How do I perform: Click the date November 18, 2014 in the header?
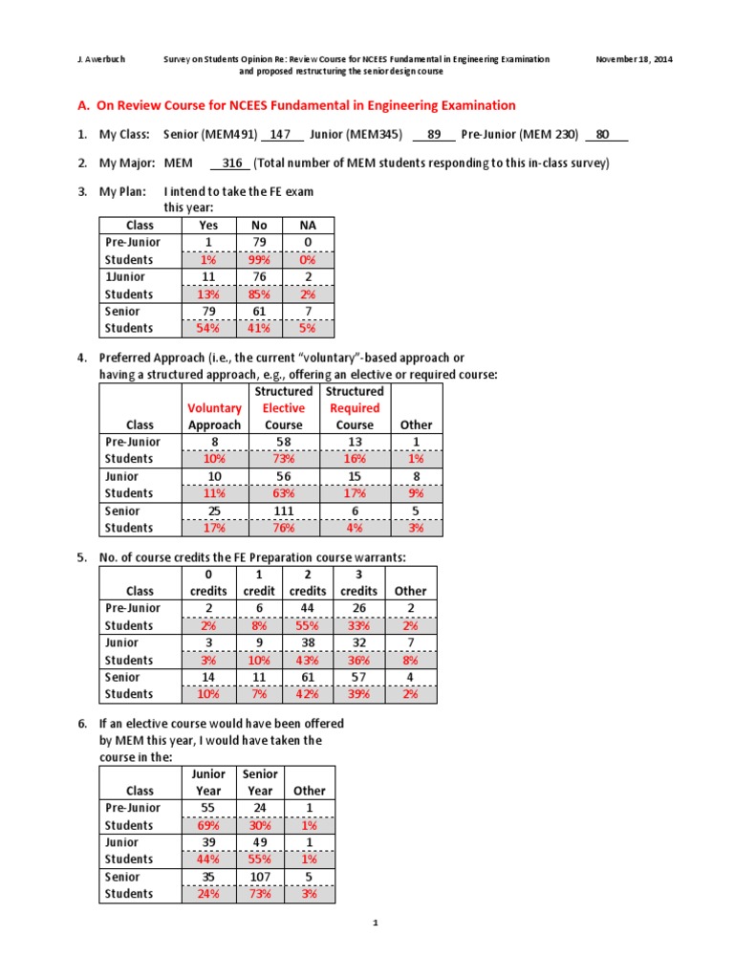click(634, 59)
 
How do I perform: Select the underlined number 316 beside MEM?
click(232, 163)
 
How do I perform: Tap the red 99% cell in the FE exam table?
click(258, 260)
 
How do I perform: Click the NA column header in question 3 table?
click(309, 226)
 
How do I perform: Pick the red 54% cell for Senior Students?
click(207, 329)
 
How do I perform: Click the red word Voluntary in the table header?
click(214, 408)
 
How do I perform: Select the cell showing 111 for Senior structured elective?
click(284, 511)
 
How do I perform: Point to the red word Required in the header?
click(355, 408)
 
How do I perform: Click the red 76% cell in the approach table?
click(284, 529)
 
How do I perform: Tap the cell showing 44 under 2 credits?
click(309, 609)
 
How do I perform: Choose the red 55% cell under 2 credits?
click(309, 626)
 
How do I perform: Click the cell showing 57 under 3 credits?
click(358, 678)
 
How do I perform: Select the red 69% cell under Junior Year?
click(208, 826)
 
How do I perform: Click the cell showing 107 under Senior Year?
click(260, 878)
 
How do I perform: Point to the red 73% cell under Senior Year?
click(260, 895)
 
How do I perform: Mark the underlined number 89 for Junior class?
click(434, 135)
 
